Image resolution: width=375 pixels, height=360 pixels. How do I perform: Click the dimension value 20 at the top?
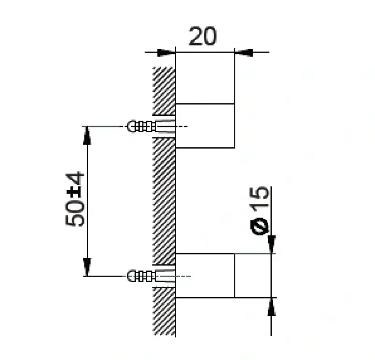point(202,37)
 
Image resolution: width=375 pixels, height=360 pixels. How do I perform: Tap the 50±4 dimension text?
point(75,199)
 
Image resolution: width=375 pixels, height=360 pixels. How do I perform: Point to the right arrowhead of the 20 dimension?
point(244,52)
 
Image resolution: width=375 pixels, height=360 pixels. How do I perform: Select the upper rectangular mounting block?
point(205,125)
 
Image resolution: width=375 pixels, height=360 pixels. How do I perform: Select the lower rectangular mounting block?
point(205,275)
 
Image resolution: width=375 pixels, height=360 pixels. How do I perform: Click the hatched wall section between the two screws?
point(164,199)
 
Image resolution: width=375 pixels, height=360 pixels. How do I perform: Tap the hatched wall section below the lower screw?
point(164,312)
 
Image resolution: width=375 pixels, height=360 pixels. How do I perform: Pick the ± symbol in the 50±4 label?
point(75,192)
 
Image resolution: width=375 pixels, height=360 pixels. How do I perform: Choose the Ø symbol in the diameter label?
point(261,225)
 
